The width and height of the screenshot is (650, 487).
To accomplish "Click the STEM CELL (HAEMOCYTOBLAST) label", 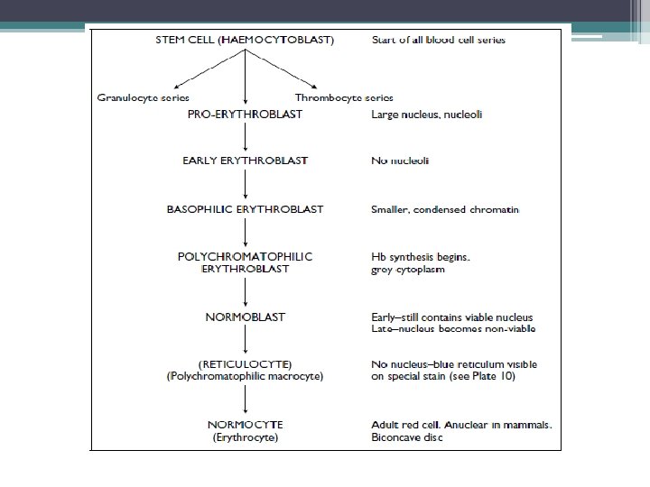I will [246, 40].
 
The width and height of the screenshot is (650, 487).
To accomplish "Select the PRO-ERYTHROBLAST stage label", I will [246, 115].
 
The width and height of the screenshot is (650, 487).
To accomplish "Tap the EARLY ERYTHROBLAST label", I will [246, 161].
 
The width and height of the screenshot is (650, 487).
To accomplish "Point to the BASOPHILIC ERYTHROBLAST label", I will [246, 209].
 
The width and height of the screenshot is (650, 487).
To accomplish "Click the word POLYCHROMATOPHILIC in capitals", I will [246, 256].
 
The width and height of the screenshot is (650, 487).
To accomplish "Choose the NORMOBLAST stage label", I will [246, 317].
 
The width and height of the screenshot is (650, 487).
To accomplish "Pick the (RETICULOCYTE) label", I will [246, 363].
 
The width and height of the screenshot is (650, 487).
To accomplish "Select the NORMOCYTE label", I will [246, 423].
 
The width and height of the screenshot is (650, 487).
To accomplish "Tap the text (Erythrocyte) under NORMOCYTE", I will [246, 438].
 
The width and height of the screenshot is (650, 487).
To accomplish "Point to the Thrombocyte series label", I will [344, 97].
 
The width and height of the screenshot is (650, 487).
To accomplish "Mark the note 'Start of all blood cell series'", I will [439, 40].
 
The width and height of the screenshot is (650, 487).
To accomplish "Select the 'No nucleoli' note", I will [400, 161].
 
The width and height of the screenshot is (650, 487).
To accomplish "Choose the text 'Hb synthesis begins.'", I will [421, 256].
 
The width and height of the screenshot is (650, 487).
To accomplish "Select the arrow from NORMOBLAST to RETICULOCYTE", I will [246, 339].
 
